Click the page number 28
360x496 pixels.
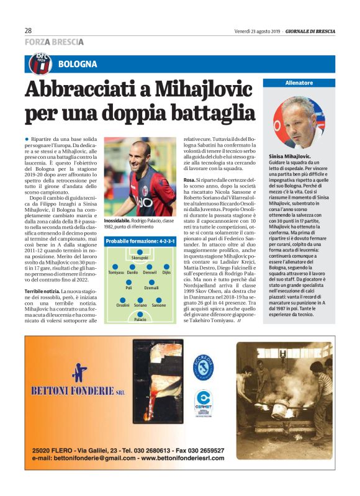click(x=28, y=29)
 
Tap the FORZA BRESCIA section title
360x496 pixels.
click(x=54, y=42)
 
